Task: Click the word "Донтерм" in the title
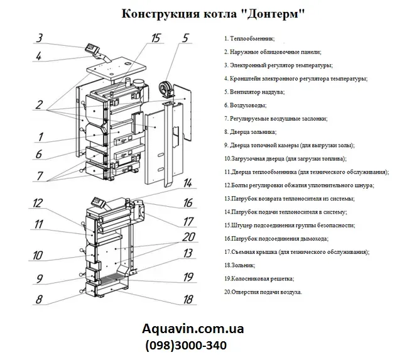tap(274, 14)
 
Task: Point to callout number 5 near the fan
tap(185, 38)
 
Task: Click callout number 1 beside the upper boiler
tap(40, 136)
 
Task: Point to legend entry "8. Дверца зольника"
tap(249, 132)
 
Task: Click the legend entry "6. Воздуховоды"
tap(244, 105)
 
